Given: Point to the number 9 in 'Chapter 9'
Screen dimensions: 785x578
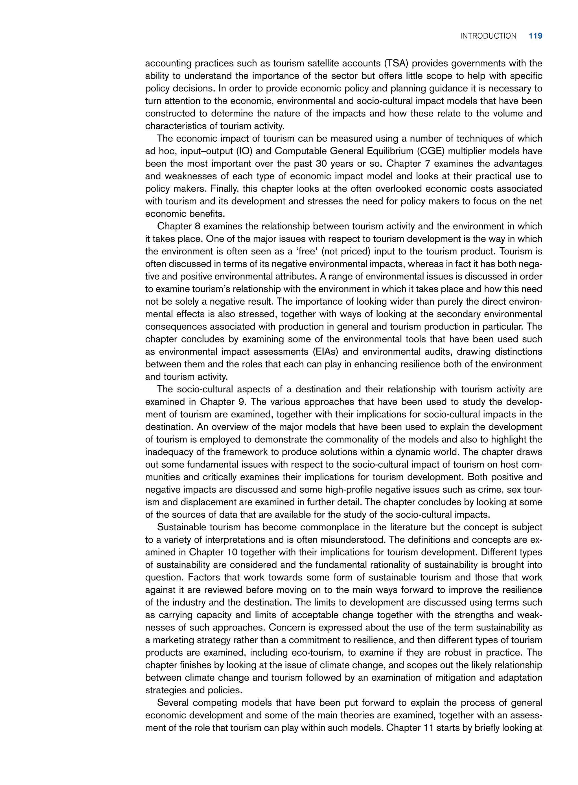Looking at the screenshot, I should coord(246,402).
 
